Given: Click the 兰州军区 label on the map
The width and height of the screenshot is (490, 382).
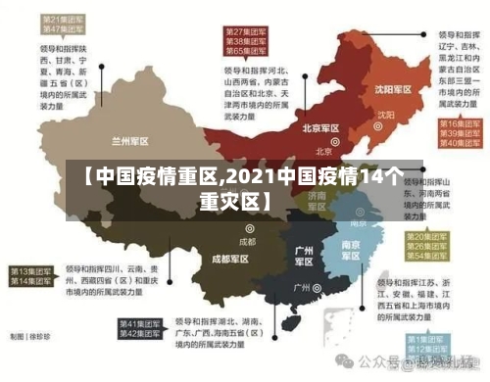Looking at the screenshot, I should click(130, 140).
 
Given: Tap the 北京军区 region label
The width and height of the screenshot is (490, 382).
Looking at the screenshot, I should click(320, 129).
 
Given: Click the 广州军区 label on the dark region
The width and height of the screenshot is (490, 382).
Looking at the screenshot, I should click(304, 256).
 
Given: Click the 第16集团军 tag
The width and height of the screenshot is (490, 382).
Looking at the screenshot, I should click(457, 124).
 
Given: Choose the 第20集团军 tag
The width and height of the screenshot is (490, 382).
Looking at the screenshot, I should click(431, 237).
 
